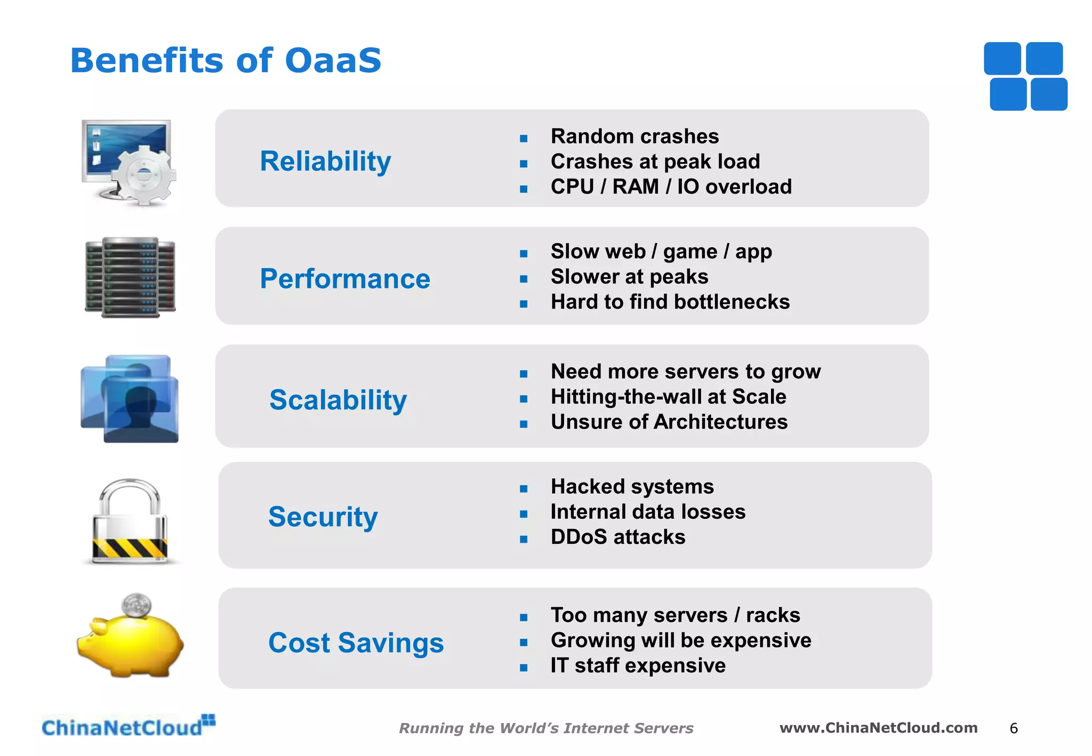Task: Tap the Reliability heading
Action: pyautogui.click(x=325, y=161)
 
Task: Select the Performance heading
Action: pyautogui.click(x=345, y=279)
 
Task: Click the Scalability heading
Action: pyautogui.click(x=338, y=400)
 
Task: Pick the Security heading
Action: pyautogui.click(x=323, y=517)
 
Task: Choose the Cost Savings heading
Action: pyautogui.click(x=356, y=642)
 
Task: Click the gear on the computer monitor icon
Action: pyautogui.click(x=144, y=175)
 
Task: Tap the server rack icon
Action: pyautogui.click(x=130, y=277)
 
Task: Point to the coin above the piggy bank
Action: pyautogui.click(x=136, y=605)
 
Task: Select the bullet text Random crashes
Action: pyautogui.click(x=635, y=136)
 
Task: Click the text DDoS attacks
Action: pyautogui.click(x=617, y=537)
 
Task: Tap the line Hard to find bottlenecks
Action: pyautogui.click(x=670, y=302)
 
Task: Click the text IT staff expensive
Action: pyautogui.click(x=638, y=665)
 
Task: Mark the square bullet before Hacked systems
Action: pyautogui.click(x=524, y=488)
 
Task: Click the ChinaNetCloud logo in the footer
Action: pyautogui.click(x=128, y=727)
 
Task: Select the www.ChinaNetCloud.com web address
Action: pyautogui.click(x=878, y=728)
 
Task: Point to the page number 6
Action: pyautogui.click(x=1014, y=728)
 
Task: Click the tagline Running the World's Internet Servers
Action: pyautogui.click(x=546, y=728)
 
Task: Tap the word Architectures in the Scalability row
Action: pyautogui.click(x=720, y=422)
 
